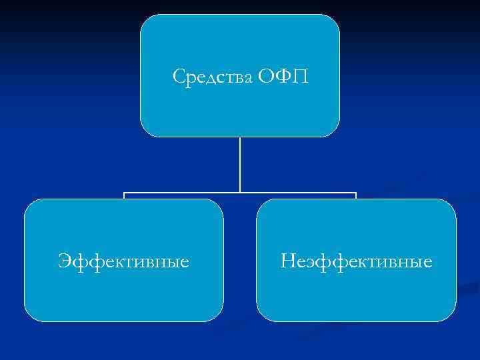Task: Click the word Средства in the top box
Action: [x=211, y=77]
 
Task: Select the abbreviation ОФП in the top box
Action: [x=283, y=77]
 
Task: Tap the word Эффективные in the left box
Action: [x=123, y=260]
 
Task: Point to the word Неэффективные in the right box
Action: [x=357, y=260]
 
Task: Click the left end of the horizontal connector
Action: [x=124, y=194]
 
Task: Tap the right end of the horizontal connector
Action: [x=356, y=194]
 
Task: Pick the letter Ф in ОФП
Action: [x=283, y=77]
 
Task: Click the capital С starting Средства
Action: [x=179, y=77]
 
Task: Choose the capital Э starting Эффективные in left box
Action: [x=65, y=260]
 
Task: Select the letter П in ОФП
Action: [x=299, y=77]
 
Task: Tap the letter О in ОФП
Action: [x=267, y=77]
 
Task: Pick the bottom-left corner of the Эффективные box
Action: [x=29, y=317]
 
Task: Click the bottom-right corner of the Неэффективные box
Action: [x=451, y=317]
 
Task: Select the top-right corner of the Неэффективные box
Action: [x=451, y=204]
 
